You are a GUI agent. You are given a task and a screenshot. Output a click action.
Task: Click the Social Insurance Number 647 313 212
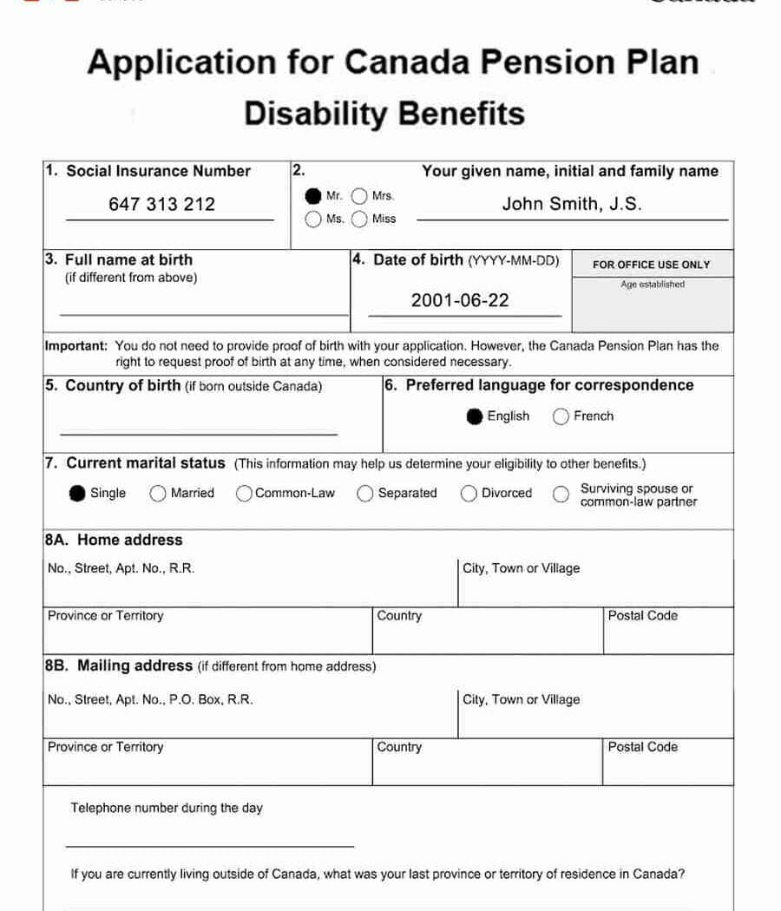[x=161, y=205]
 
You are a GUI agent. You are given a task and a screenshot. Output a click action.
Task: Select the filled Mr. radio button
[x=312, y=196]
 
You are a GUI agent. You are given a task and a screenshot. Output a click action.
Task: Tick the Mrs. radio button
[x=359, y=196]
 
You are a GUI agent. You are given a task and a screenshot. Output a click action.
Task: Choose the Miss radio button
[x=359, y=220]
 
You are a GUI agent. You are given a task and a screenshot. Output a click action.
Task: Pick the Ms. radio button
[x=312, y=220]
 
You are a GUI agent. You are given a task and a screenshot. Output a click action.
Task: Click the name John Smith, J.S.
[x=572, y=205]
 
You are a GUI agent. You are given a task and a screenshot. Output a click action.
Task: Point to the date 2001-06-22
[x=460, y=301]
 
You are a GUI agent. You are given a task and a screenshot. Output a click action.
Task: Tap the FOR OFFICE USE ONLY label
[x=651, y=265]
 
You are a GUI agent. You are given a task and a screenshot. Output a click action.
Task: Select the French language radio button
[x=561, y=416]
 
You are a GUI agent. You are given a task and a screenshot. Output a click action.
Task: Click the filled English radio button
[x=474, y=416]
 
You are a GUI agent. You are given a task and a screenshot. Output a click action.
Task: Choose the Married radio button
[x=158, y=494]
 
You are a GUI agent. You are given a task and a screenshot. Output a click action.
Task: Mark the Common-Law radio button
[x=245, y=494]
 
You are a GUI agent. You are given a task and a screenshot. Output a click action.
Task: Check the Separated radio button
[x=365, y=494]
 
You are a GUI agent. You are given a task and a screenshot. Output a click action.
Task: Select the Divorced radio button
[x=469, y=494]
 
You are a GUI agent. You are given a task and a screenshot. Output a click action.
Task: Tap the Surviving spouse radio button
[x=562, y=494]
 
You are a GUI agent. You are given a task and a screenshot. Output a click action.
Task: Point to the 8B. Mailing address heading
[x=119, y=666]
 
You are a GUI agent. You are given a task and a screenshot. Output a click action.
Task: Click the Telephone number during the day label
[x=167, y=809]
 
